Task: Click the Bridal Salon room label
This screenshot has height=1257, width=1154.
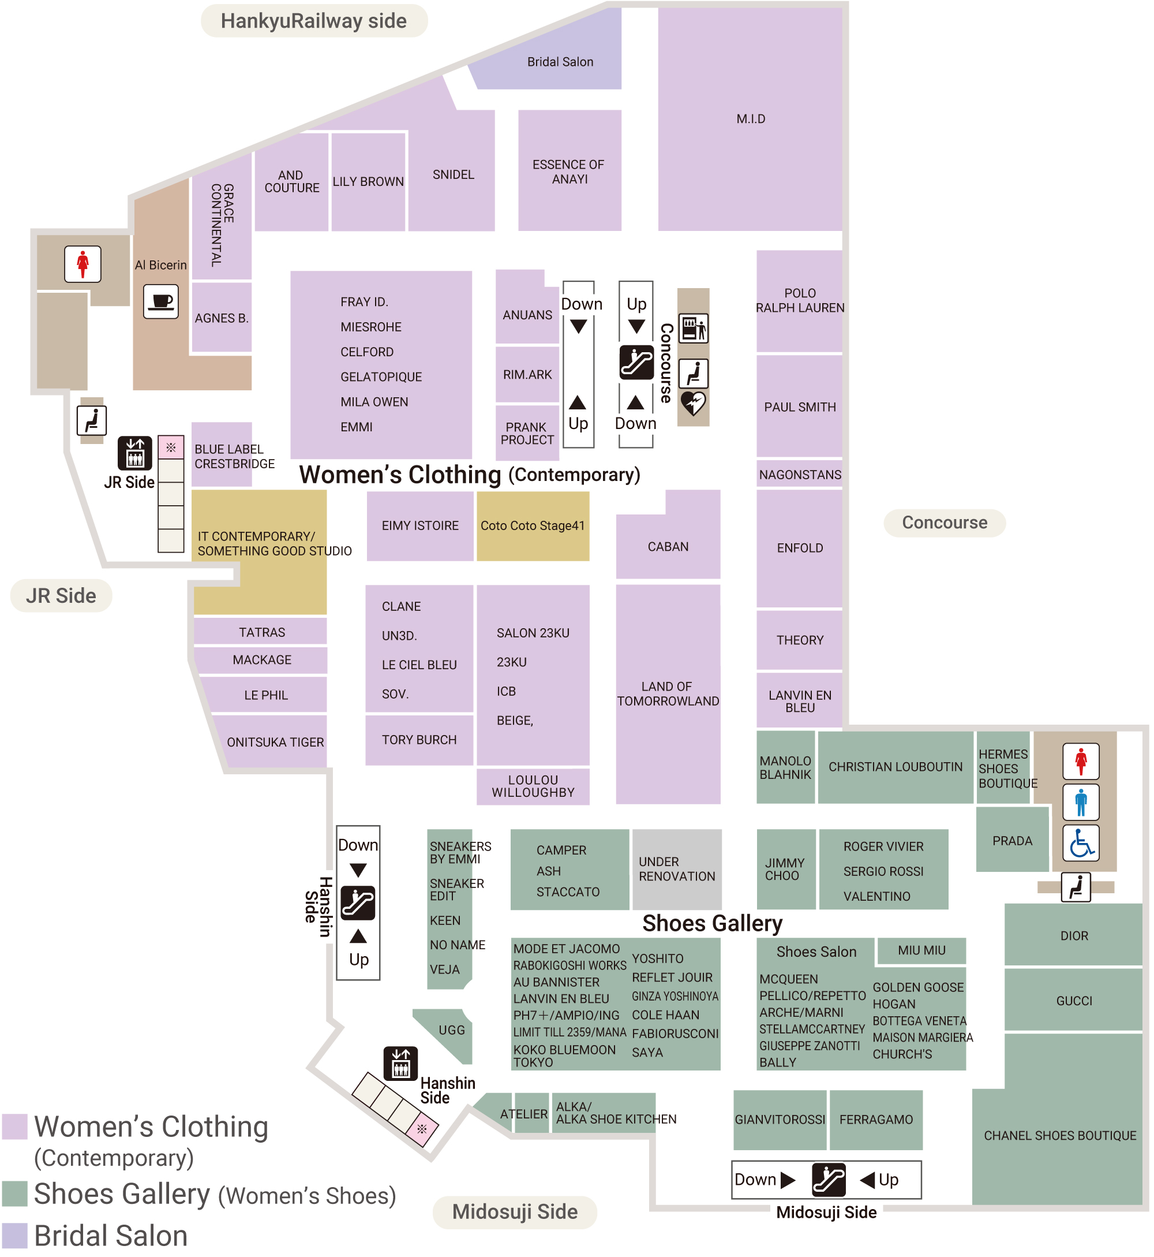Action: pos(560,62)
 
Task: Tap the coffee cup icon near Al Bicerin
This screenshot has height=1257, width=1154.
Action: pos(161,302)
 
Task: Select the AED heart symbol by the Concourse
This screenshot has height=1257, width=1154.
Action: pos(693,404)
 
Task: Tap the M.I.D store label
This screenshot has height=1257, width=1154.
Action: pos(751,119)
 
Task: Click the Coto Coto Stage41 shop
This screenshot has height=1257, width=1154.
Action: pos(533,526)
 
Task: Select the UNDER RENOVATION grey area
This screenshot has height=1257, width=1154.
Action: pos(677,869)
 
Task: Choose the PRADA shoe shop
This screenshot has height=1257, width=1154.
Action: pos(1012,841)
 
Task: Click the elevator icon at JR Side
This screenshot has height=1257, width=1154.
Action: pos(135,453)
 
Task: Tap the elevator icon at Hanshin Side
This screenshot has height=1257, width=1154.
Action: pos(400,1064)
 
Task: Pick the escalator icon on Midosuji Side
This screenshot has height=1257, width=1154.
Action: pos(829,1180)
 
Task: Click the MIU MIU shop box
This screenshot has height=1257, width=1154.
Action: pos(921,950)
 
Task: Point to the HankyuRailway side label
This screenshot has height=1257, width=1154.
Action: pos(313,21)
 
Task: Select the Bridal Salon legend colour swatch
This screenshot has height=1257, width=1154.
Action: pos(15,1236)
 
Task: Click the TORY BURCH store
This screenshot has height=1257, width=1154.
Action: pos(419,740)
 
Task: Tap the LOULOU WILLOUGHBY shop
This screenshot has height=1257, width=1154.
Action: pos(533,786)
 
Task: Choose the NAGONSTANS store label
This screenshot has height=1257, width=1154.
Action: pos(800,475)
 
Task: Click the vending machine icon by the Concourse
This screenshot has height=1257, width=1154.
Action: pos(693,329)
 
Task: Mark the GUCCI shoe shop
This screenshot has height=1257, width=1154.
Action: pos(1074,1001)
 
